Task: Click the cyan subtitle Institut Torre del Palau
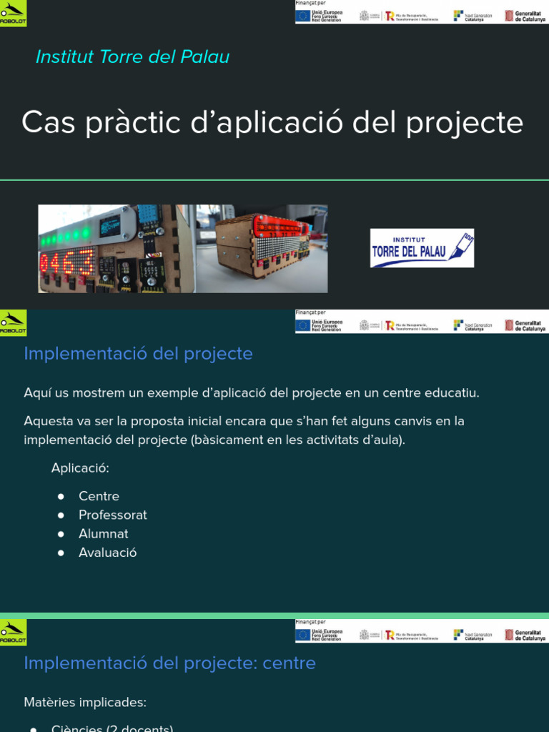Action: tap(132, 57)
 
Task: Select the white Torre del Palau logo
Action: tap(422, 248)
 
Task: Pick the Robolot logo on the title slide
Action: tap(13, 12)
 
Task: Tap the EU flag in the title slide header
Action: tap(303, 15)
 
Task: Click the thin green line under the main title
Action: tap(274, 180)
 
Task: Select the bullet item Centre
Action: tap(99, 496)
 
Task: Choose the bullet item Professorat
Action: tap(112, 515)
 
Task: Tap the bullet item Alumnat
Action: tap(103, 533)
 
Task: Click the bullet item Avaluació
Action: tap(107, 553)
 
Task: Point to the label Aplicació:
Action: tap(80, 468)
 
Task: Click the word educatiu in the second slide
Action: tap(450, 392)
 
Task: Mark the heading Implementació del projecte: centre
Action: tap(169, 663)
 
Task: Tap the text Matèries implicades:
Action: tap(85, 702)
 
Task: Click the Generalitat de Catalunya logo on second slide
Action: tap(525, 325)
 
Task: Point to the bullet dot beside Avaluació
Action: tap(61, 553)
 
